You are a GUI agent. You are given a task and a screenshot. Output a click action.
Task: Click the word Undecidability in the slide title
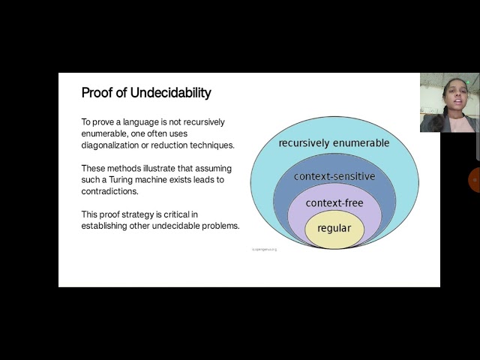point(171,93)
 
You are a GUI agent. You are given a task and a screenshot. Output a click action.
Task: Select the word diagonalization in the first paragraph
point(112,145)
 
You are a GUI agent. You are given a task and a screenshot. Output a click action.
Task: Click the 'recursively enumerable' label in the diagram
point(334,142)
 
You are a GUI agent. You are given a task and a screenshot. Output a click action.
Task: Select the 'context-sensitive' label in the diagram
point(334,176)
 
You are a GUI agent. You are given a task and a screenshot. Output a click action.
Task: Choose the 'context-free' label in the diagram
point(334,202)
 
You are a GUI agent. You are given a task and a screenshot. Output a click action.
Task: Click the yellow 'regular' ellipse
point(334,228)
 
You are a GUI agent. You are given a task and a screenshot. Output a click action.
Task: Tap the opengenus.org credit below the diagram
point(263,249)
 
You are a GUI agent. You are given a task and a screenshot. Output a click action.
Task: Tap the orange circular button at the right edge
point(475,180)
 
